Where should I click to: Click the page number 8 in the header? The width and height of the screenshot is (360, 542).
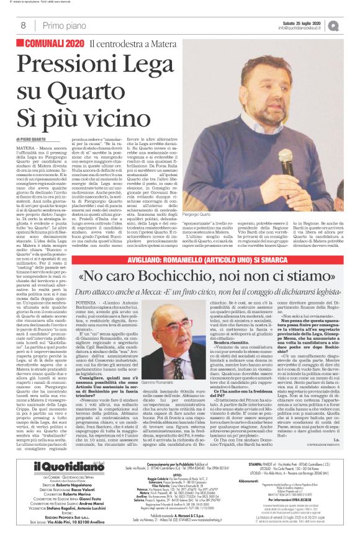[x=23, y=25]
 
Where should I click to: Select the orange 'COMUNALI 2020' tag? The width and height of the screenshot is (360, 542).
[x=53, y=43]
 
